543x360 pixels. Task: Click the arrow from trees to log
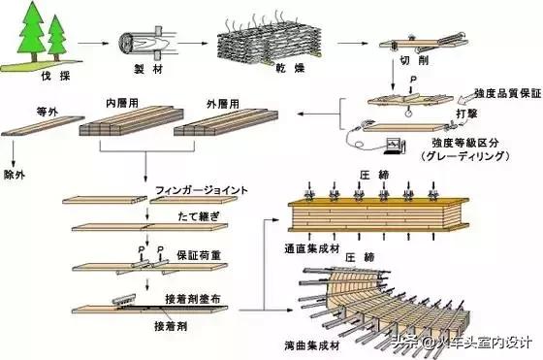click(92, 44)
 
